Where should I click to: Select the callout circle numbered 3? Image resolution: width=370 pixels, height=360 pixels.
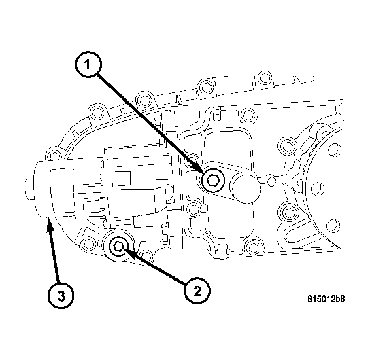[61, 295]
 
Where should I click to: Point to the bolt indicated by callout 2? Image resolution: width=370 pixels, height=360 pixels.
[119, 247]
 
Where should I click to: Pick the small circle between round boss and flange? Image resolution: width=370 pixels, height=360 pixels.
[271, 182]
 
